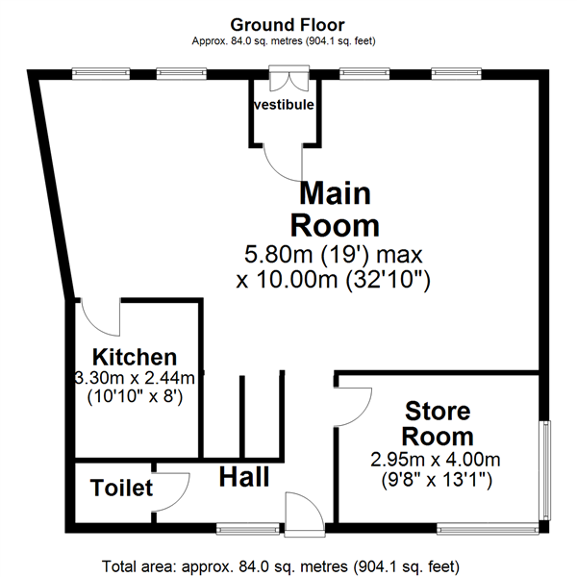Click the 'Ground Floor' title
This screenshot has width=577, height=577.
[x=288, y=25]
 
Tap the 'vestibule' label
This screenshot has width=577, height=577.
[x=284, y=105]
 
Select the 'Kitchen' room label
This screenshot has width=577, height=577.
[x=135, y=357]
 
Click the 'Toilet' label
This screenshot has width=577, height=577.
[x=121, y=488]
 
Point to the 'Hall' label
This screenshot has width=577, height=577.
[x=244, y=477]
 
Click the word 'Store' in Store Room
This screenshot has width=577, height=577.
[x=438, y=411]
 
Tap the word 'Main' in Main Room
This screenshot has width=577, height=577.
[x=335, y=193]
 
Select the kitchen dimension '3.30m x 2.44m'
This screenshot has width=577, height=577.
[x=135, y=378]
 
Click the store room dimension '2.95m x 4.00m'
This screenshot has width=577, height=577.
[x=436, y=460]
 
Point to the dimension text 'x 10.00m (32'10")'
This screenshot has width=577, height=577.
[x=333, y=280]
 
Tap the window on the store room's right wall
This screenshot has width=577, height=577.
[x=545, y=470]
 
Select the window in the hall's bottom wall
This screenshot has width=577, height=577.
[x=248, y=529]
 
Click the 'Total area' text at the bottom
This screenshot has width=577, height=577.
[x=281, y=566]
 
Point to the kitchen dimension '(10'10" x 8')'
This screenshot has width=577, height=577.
[x=135, y=396]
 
